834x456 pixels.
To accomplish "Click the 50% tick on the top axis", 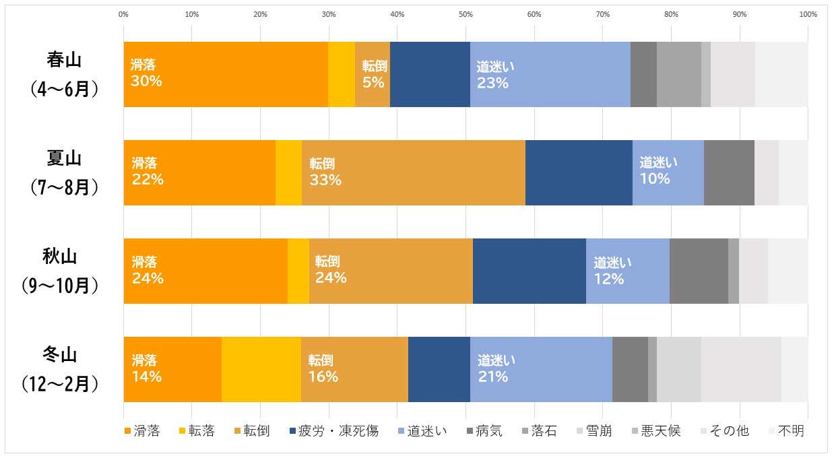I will [466, 14].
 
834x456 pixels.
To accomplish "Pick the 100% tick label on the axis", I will [807, 14].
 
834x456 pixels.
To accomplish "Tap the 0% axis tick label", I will [123, 14].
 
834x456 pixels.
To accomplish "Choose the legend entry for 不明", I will [786, 430].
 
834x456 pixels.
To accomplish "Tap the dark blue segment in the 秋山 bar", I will [530, 271].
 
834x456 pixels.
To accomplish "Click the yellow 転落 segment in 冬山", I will [261, 369].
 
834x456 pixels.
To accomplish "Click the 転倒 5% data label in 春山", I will [373, 74].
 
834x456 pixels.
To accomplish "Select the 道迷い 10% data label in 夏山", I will [658, 170].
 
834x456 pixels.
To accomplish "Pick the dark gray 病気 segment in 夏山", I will [729, 172].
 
